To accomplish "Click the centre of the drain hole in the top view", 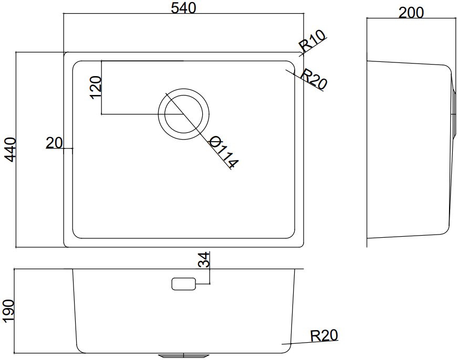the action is point(184,114).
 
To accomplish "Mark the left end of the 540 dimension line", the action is point(64,14).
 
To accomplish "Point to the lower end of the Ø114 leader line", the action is point(231,170).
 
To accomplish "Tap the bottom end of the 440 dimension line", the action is point(16,248).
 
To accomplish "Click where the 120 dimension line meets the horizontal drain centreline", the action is point(101,114).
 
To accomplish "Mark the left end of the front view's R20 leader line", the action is point(282,344).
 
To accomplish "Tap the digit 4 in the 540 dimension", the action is point(183,8).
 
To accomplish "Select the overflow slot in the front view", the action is point(183,284).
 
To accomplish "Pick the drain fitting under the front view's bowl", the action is point(184,356).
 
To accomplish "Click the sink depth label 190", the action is point(8,311).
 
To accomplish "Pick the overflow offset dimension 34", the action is point(204,260).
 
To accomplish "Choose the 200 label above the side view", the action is point(411,13).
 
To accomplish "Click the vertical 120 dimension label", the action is point(96,88).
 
